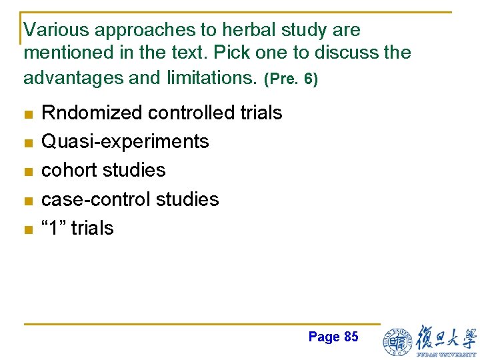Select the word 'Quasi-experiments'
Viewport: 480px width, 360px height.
click(125, 142)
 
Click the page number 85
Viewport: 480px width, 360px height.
click(351, 337)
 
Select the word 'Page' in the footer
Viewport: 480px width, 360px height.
click(324, 337)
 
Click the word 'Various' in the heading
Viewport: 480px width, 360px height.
click(57, 30)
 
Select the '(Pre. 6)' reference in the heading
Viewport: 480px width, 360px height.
click(291, 79)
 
